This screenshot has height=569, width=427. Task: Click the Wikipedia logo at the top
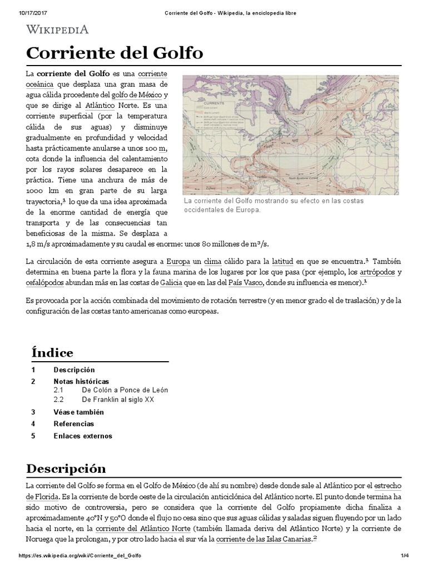[57, 29]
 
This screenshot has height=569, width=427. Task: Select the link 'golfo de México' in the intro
[133, 94]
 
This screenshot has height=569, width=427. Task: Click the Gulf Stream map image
[290, 135]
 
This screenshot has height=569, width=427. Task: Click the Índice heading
[52, 353]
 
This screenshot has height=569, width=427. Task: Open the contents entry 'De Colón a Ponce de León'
[125, 390]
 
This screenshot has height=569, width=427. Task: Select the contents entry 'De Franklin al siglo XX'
[117, 400]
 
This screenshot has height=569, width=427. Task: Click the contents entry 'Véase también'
[79, 412]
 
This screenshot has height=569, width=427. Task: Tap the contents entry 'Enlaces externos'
[83, 436]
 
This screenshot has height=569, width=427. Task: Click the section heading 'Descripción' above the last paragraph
[66, 468]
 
